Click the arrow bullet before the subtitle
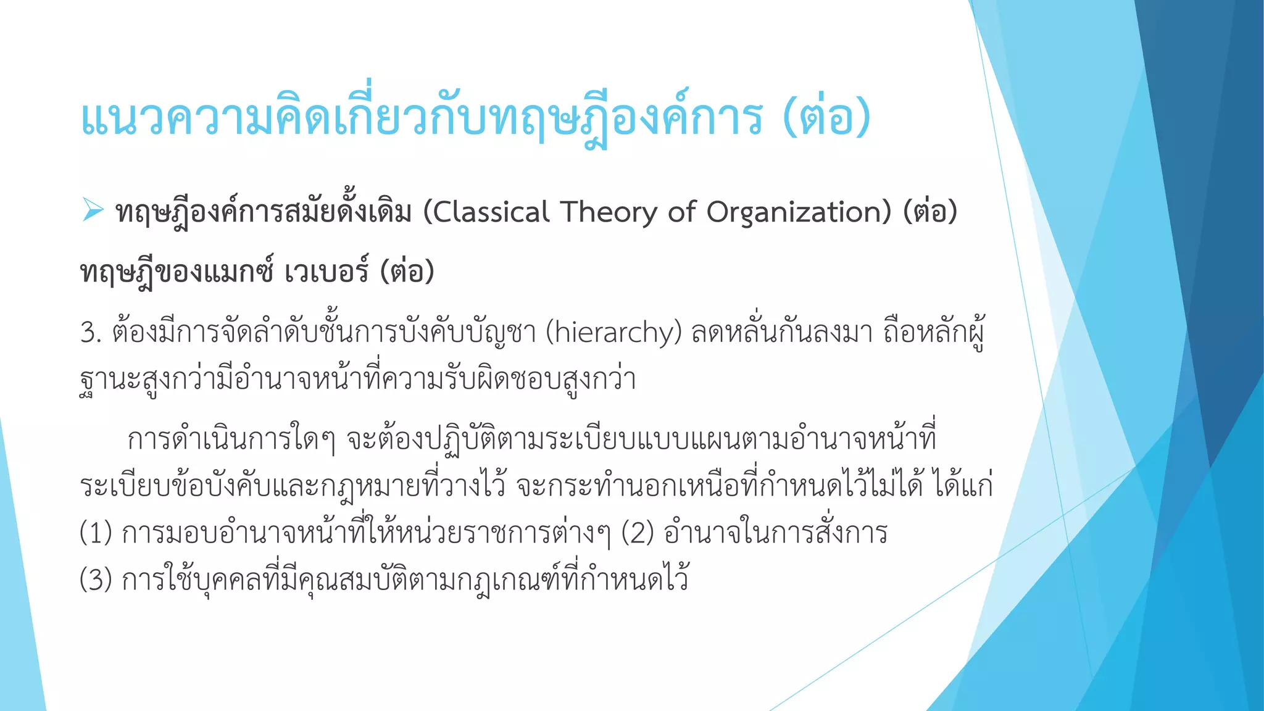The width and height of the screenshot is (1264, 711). click(93, 210)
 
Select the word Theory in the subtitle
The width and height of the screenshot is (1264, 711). click(608, 212)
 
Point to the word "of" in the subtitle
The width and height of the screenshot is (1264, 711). click(681, 212)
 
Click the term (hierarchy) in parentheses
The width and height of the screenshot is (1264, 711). click(613, 333)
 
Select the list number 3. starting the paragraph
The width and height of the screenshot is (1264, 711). click(91, 333)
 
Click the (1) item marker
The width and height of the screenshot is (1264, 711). click(96, 533)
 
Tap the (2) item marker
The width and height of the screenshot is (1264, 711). click(637, 533)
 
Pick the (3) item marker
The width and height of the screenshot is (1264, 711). click(96, 580)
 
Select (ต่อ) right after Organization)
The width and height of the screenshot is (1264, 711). click(930, 212)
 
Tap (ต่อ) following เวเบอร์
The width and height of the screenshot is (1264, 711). click(407, 272)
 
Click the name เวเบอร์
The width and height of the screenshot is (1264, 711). click(326, 272)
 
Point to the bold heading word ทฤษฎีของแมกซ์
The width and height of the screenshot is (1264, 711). click(177, 272)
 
